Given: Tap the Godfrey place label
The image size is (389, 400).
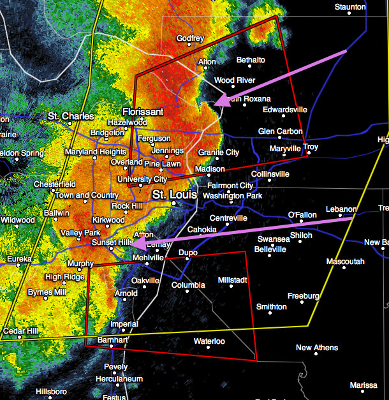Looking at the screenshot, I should point(190,38).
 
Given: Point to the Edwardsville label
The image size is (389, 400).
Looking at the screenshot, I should point(284,110).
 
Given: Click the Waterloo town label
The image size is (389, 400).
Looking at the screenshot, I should point(209,341).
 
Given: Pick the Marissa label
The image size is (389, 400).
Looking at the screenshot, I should point(363,385).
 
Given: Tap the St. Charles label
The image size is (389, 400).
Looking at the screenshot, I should point(71,117).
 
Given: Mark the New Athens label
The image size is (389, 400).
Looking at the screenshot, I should point(317,348).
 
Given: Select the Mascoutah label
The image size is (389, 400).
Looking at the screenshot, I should point(345,262).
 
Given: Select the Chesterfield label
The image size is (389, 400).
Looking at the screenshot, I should point(54,184).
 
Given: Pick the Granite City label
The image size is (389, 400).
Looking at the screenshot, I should point(218,152).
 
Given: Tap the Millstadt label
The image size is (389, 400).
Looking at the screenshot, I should point(235,280).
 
